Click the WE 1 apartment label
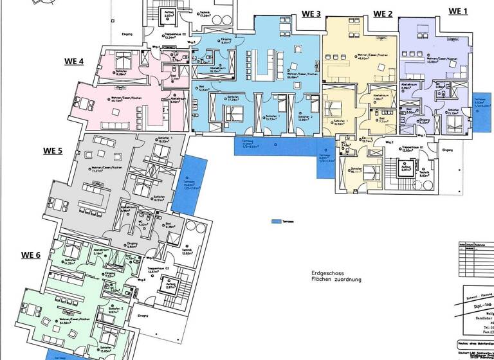coord(458,11)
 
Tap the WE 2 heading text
coord(383,14)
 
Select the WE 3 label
coord(311,14)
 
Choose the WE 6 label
coord(30,255)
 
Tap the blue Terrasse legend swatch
coord(277,221)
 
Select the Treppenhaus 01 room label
coord(411,148)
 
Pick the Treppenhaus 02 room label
coord(175,36)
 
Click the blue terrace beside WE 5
coord(192,184)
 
